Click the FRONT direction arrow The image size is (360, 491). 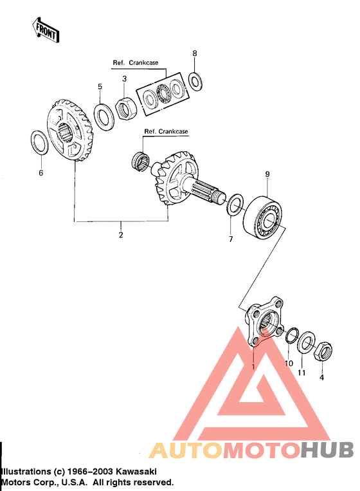click(46, 29)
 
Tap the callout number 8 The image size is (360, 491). click(195, 53)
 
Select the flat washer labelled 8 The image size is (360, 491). click(195, 80)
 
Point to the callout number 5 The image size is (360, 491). click(100, 86)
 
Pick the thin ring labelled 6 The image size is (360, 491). click(39, 142)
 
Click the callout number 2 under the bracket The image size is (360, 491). click(120, 235)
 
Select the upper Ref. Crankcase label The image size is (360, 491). click(136, 63)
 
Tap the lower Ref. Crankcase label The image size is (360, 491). click(166, 131)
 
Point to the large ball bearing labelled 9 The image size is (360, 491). click(264, 218)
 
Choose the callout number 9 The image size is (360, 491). click(267, 174)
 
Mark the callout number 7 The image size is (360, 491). click(231, 239)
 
